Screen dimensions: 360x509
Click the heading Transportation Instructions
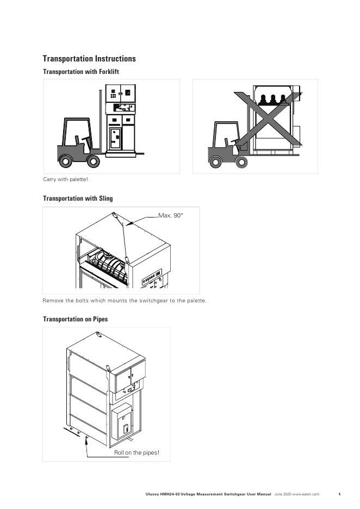click(x=89, y=59)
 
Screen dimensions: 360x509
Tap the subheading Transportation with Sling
click(x=78, y=198)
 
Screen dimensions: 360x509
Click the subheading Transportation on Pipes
click(x=75, y=319)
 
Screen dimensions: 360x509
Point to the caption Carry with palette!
click(x=65, y=179)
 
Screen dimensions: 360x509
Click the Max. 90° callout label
click(x=171, y=216)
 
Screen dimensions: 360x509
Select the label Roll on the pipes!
click(x=136, y=452)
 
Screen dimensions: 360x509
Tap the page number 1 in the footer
click(x=339, y=494)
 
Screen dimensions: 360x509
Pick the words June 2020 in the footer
click(x=283, y=494)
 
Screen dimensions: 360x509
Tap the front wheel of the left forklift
click(x=93, y=161)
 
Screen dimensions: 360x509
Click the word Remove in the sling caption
click(x=52, y=301)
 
